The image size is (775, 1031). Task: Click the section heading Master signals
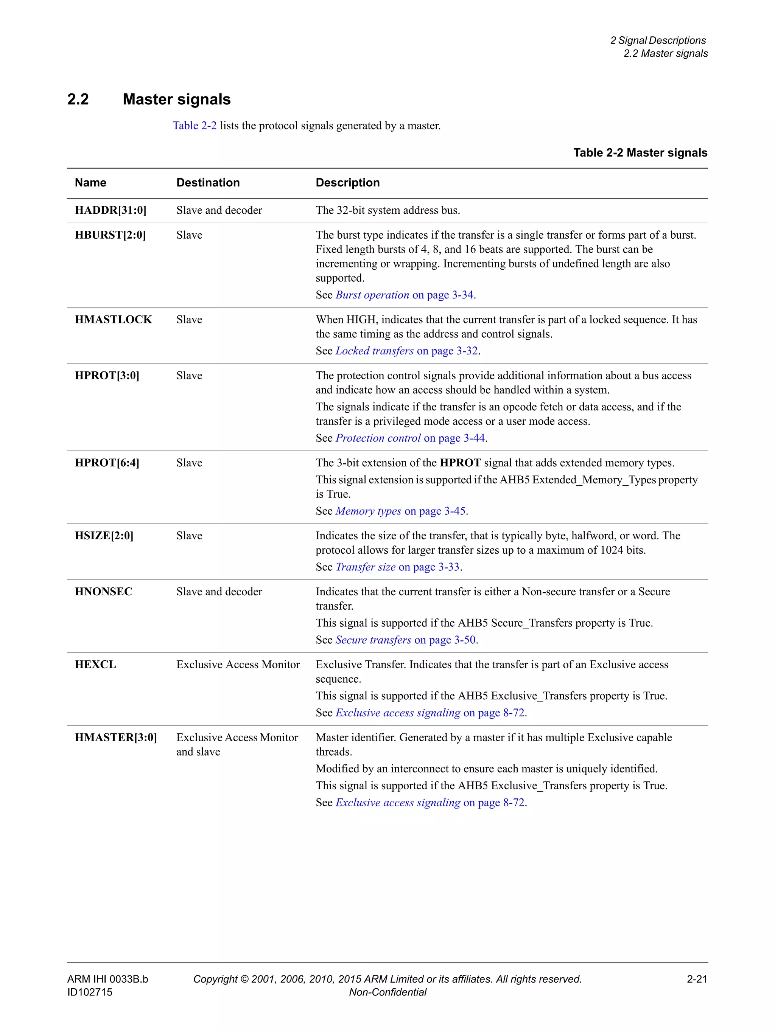tap(176, 99)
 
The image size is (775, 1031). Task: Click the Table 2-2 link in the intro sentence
tap(195, 126)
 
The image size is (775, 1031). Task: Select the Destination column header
tap(208, 183)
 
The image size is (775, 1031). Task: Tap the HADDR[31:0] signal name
tap(110, 210)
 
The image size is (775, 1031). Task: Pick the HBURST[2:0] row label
tap(110, 235)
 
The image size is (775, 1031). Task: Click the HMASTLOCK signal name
tap(113, 320)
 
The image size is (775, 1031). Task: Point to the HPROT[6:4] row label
tap(107, 463)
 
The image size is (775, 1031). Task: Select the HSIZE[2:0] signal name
tap(104, 536)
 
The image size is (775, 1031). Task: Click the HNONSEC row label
tap(104, 592)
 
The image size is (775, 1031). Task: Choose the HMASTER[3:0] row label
tap(116, 738)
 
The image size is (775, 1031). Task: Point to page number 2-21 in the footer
tap(697, 979)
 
